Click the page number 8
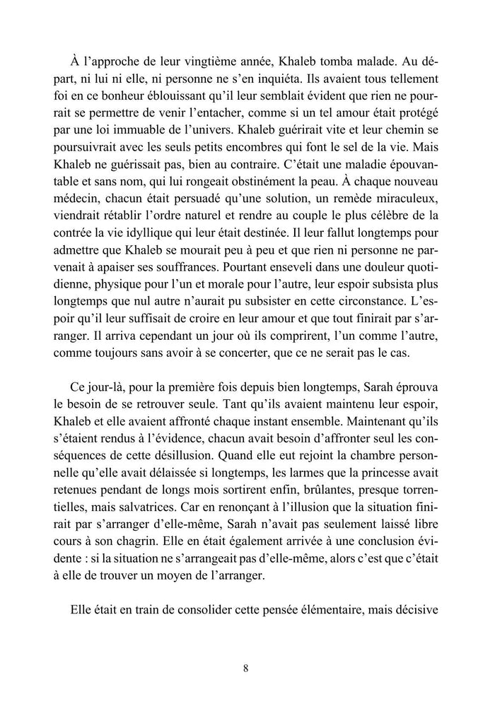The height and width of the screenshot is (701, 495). pyautogui.click(x=245, y=668)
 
